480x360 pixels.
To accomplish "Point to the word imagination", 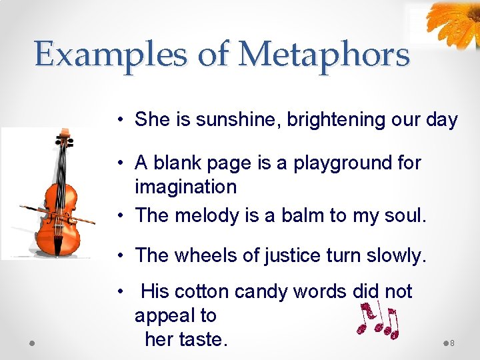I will coord(185,187).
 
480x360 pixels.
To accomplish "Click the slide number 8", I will coord(453,343).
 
